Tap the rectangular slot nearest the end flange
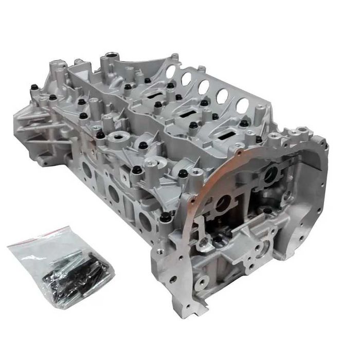(227, 135)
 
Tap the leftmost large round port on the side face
(87, 170)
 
